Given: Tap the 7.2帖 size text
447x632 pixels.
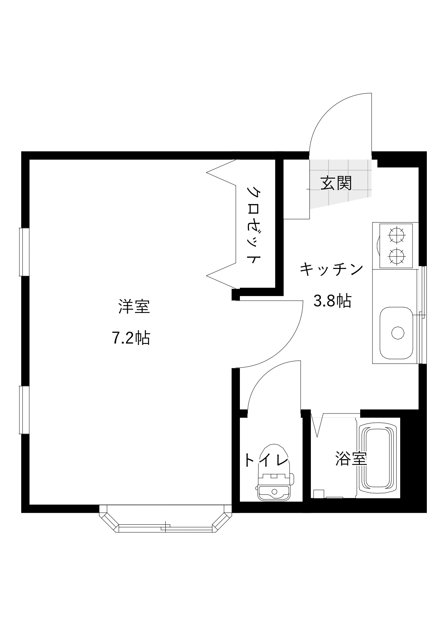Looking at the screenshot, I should coord(131,338).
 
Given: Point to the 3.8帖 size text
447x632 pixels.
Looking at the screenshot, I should coord(332,301).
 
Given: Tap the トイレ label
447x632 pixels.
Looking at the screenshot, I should coord(267,461).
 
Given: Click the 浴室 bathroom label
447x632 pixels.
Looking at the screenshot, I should coord(351,458).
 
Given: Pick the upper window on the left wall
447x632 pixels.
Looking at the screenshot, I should coord(24,252).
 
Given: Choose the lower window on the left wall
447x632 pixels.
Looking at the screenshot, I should coord(24,410).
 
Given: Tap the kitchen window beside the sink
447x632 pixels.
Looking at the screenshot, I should coord(423,315).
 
